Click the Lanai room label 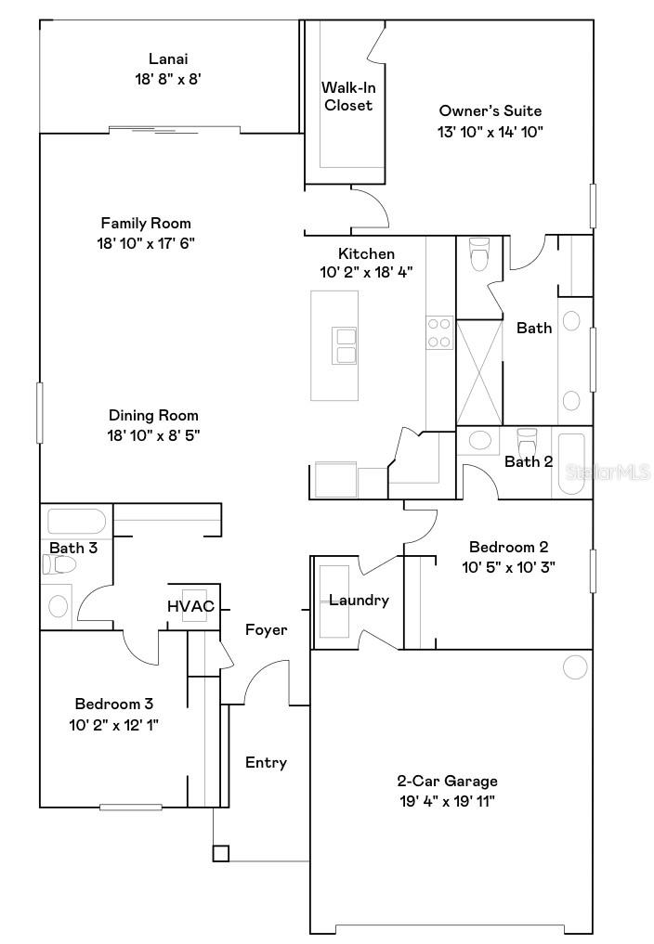click(168, 58)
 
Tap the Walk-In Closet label click(348, 97)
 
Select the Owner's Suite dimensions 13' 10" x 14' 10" click(490, 132)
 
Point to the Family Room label click(146, 223)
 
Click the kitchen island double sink click(344, 345)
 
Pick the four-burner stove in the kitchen click(439, 333)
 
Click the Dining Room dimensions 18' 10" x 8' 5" click(154, 434)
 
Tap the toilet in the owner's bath click(479, 253)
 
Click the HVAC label click(190, 606)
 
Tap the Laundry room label click(359, 601)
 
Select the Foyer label click(266, 630)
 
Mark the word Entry click(266, 763)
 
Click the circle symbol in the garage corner click(575, 666)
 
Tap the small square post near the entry click(220, 854)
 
